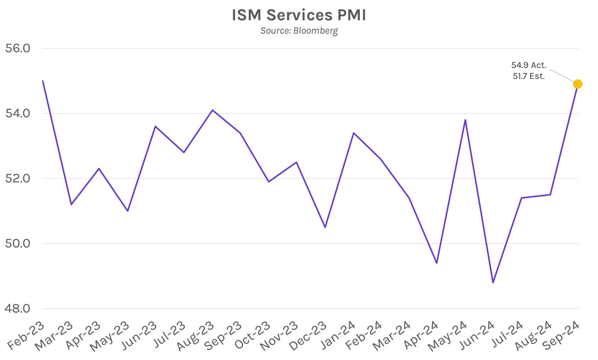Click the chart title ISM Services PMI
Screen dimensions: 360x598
click(299, 15)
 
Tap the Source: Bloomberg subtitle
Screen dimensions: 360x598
click(299, 30)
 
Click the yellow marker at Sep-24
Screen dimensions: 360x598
click(577, 84)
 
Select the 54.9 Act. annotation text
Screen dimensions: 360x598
click(529, 65)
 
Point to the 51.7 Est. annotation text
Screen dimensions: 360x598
click(529, 76)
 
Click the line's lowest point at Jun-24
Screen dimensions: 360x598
click(493, 283)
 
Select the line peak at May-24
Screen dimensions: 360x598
click(465, 120)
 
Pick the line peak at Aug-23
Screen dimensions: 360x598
click(212, 110)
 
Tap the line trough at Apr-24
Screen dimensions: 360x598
click(437, 263)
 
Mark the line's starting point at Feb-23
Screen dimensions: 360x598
click(43, 81)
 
